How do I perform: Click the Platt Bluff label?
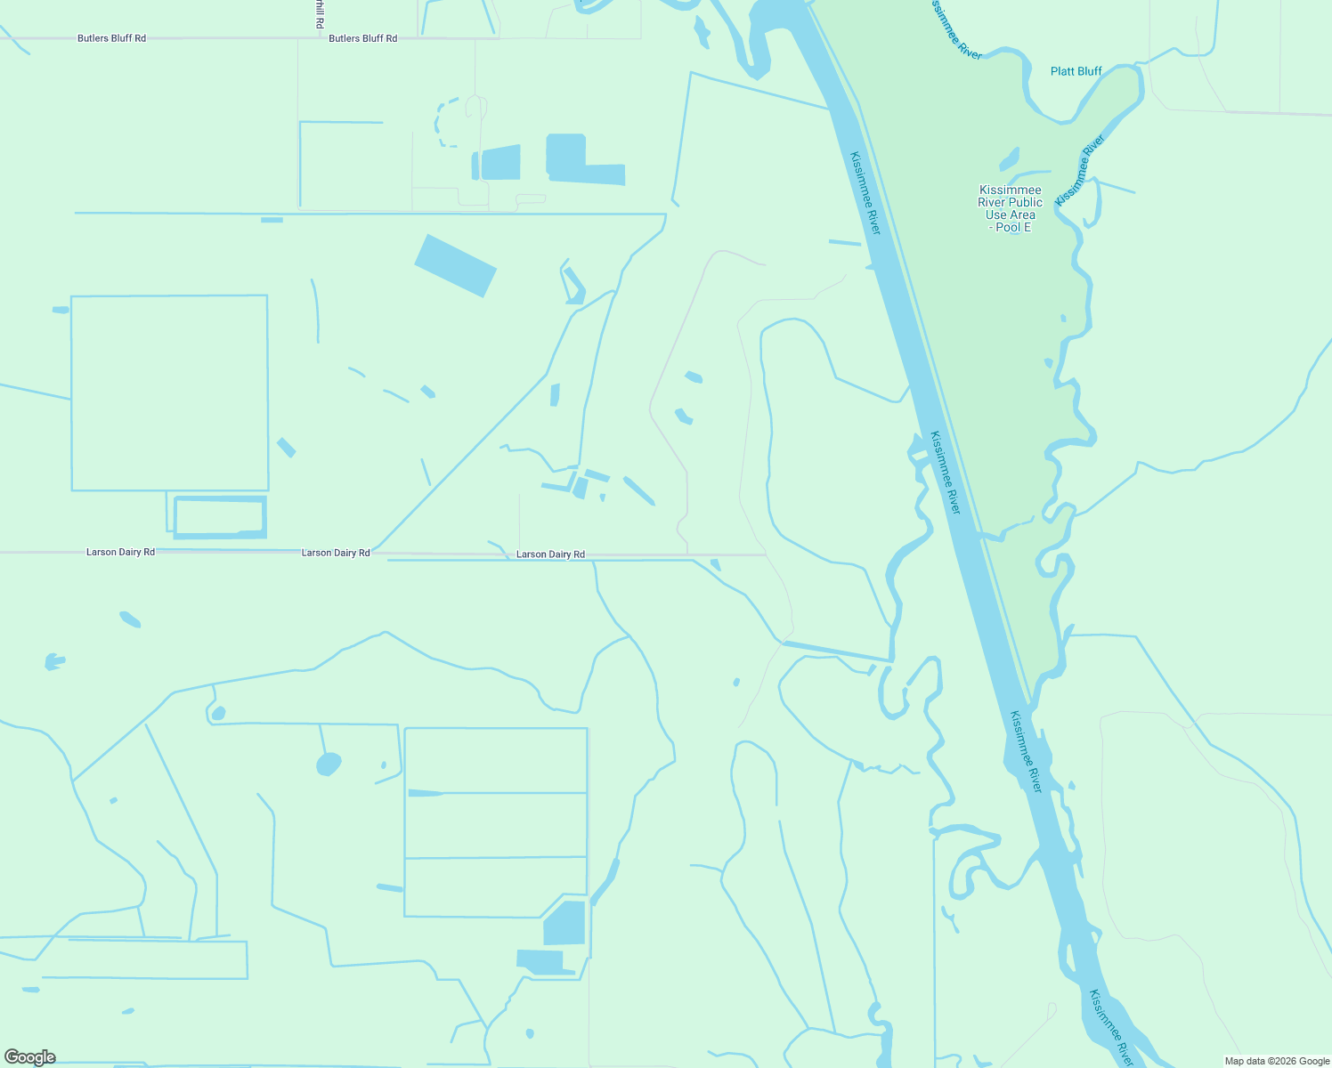1076,71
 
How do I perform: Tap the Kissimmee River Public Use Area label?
1010,202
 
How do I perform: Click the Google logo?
30,1057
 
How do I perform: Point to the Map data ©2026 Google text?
1276,1061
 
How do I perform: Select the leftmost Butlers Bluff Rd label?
111,38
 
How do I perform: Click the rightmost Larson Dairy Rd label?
550,554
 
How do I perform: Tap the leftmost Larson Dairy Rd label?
120,552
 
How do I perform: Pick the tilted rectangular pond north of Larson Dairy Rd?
455,265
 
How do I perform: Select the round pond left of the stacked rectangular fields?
329,764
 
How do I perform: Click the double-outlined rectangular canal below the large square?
220,517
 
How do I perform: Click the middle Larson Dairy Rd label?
336,553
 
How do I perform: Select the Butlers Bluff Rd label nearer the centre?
362,38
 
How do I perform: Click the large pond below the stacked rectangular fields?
564,923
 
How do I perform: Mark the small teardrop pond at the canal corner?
218,713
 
